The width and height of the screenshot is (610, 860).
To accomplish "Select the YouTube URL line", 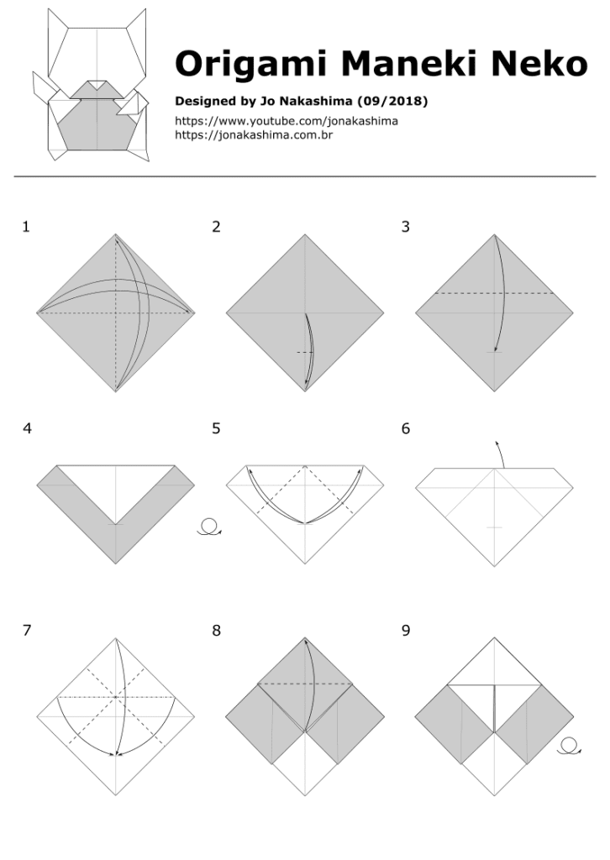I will [x=286, y=121].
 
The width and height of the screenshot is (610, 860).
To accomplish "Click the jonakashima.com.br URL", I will [x=254, y=134].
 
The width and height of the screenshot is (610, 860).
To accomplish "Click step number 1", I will [x=27, y=227].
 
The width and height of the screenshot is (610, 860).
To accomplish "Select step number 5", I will [x=216, y=428].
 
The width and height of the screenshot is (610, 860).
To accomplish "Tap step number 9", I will [x=406, y=631].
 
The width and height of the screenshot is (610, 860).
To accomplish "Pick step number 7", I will [x=27, y=631].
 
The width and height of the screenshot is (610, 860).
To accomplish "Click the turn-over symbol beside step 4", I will [x=209, y=528].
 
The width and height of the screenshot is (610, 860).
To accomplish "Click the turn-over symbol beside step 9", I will [x=569, y=746].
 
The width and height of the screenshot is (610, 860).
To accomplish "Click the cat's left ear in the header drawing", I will [x=58, y=34].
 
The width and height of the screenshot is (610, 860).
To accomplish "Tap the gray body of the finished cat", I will [x=97, y=126].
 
